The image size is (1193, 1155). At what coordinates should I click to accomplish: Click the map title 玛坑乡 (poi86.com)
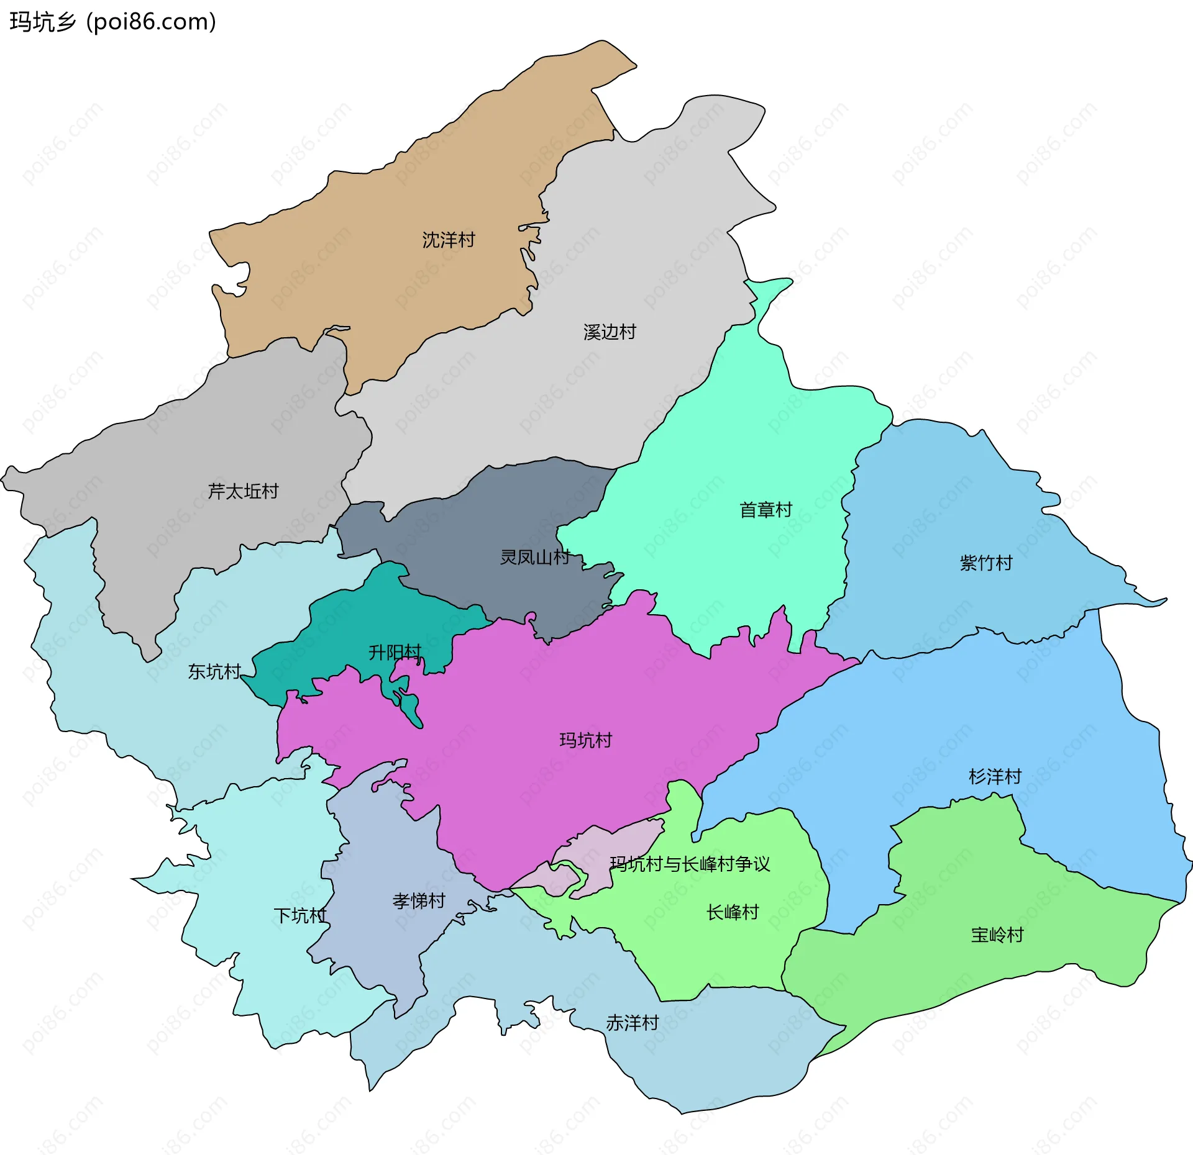[112, 22]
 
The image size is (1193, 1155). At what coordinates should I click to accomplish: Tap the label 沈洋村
[448, 240]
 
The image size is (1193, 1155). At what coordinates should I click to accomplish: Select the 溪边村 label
[610, 332]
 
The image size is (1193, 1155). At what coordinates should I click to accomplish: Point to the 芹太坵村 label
[243, 491]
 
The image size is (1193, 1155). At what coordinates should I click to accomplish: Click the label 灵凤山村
[535, 557]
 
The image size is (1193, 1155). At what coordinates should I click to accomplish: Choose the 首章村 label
[766, 510]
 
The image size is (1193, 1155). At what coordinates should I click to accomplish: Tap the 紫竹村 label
[986, 563]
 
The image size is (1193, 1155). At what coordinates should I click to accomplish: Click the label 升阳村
[395, 652]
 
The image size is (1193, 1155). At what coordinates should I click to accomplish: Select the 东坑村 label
[214, 671]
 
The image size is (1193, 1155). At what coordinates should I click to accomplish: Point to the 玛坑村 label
[585, 740]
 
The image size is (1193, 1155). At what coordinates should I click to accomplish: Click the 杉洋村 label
[995, 776]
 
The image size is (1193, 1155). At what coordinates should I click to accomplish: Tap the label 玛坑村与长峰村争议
[690, 864]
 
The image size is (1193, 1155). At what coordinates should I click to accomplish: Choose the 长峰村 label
[733, 912]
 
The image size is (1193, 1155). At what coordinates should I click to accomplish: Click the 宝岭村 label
[997, 935]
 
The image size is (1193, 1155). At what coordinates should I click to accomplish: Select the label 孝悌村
[419, 900]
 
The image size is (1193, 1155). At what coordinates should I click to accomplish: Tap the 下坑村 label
[300, 915]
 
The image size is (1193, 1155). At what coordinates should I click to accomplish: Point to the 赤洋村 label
[632, 1023]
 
